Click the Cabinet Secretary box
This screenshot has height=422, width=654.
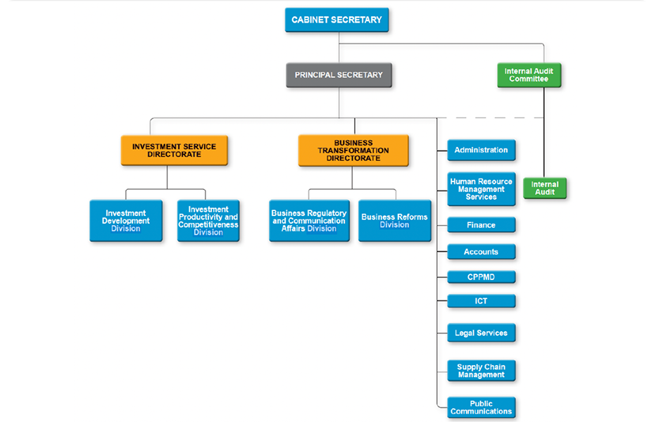337,20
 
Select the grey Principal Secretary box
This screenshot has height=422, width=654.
339,75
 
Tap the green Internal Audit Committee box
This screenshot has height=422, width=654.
529,75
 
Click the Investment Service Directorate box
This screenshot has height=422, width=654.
174,151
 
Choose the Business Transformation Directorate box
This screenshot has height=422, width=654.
353,151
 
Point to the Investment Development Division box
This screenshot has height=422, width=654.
125,221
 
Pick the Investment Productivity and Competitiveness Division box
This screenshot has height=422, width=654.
208,221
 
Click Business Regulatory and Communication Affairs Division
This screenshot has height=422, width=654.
309,221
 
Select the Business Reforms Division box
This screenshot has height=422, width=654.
394,221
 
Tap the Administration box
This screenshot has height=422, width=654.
481,151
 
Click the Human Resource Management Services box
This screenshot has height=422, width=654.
481,189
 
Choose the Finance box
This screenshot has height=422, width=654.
481,225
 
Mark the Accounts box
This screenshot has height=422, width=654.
481,252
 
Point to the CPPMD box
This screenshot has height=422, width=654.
481,277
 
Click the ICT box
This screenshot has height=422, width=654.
481,301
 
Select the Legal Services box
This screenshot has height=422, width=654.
481,333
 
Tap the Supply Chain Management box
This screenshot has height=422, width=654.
481,371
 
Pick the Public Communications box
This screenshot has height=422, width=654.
481,407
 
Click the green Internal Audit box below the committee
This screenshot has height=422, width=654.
545,188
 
